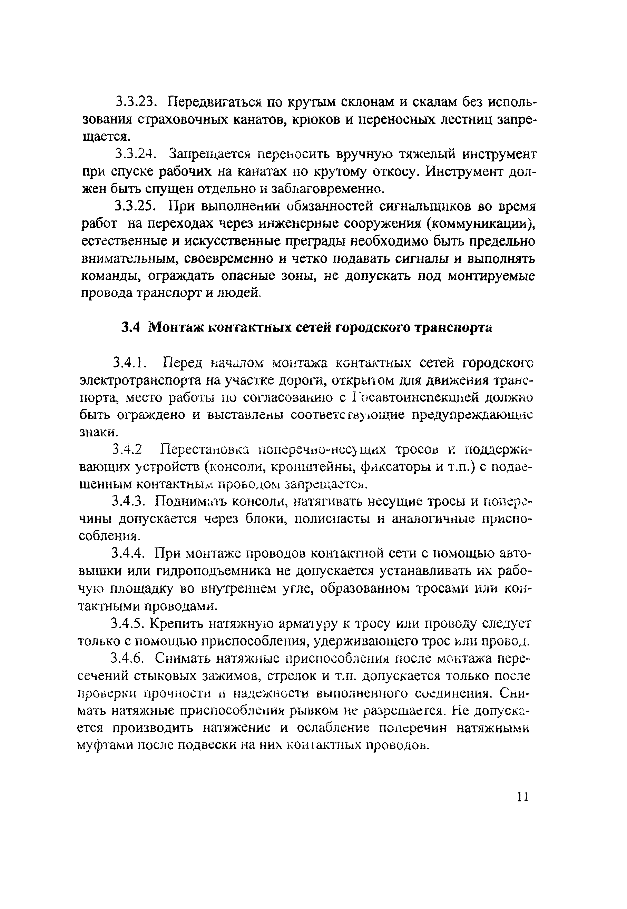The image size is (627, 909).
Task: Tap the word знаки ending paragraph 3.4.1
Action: click(98, 432)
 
